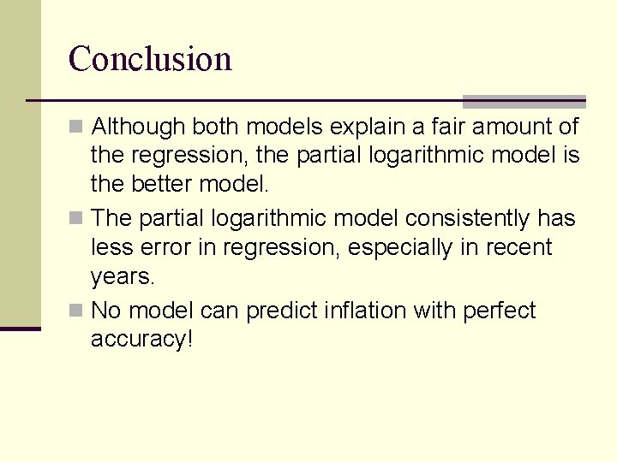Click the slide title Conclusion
coord(150,59)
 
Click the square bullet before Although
coord(76,127)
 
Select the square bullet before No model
coord(76,311)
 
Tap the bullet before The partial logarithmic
coord(76,219)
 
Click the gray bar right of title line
coord(524,101)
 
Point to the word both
coord(216,127)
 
